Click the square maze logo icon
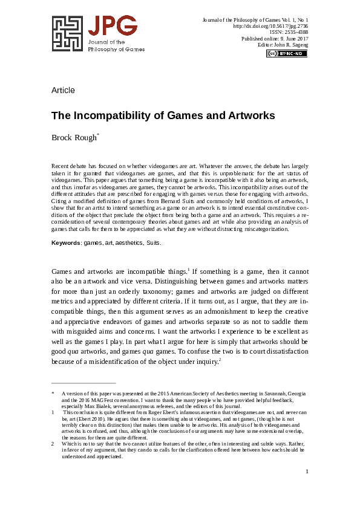(67, 34)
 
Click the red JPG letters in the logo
(112, 27)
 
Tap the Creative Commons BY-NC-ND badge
(286, 53)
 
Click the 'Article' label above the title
(63, 91)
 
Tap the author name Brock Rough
(73, 137)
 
